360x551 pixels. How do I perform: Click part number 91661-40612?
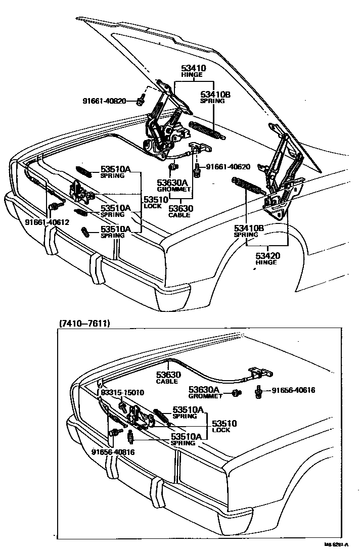click(x=47, y=222)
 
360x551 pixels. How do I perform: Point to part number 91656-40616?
click(x=293, y=390)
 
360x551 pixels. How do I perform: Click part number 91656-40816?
click(x=113, y=452)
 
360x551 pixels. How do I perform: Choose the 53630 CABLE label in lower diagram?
click(x=167, y=377)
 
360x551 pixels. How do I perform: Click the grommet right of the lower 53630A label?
click(x=236, y=393)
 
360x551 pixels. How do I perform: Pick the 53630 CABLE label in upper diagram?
click(x=179, y=211)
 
